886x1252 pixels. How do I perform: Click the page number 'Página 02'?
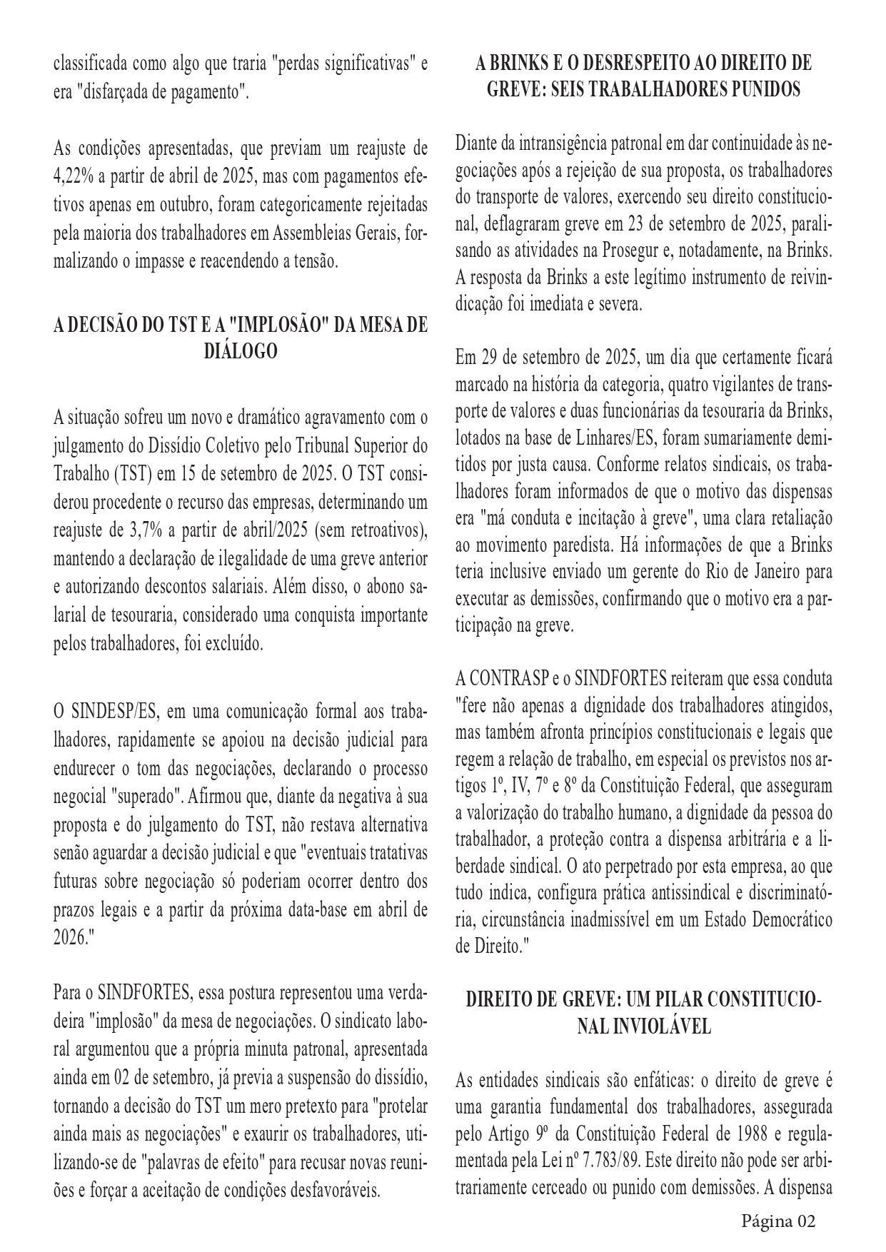coord(777,1221)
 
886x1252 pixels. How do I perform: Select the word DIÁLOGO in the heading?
coord(241,351)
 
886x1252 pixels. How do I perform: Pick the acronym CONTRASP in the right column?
coord(511,677)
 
